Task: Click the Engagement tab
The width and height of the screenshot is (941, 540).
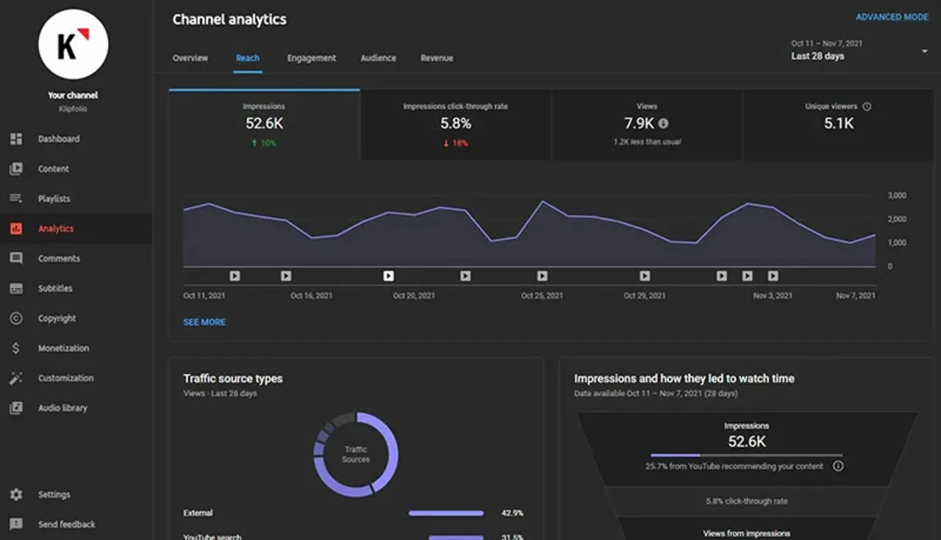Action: click(311, 58)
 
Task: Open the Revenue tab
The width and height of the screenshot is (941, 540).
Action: click(437, 58)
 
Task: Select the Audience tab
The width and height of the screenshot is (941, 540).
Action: click(378, 58)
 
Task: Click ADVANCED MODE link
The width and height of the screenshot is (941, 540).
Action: click(892, 17)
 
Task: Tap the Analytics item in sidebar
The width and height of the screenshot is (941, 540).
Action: click(56, 228)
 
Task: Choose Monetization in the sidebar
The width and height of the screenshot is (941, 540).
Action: click(63, 348)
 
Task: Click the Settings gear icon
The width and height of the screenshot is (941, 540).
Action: click(16, 494)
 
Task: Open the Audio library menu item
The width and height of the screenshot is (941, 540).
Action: click(62, 408)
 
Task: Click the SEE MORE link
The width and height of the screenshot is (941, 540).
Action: click(204, 322)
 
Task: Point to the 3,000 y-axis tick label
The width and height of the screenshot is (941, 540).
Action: click(896, 196)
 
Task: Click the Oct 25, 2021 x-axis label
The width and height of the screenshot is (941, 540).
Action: click(542, 295)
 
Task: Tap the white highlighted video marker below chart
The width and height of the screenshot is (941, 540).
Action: click(388, 276)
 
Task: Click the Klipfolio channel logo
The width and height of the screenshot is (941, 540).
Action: click(73, 44)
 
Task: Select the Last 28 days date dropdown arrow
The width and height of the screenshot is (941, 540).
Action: click(924, 51)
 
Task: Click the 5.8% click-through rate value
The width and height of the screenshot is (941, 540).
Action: click(455, 123)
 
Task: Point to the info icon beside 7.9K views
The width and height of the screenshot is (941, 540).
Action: click(663, 123)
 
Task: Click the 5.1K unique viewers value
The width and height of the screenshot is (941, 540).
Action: click(838, 123)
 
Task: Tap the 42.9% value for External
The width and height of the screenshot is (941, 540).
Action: click(512, 513)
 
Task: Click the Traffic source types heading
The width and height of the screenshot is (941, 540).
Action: click(232, 378)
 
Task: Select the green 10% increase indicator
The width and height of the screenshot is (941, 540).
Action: click(264, 143)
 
